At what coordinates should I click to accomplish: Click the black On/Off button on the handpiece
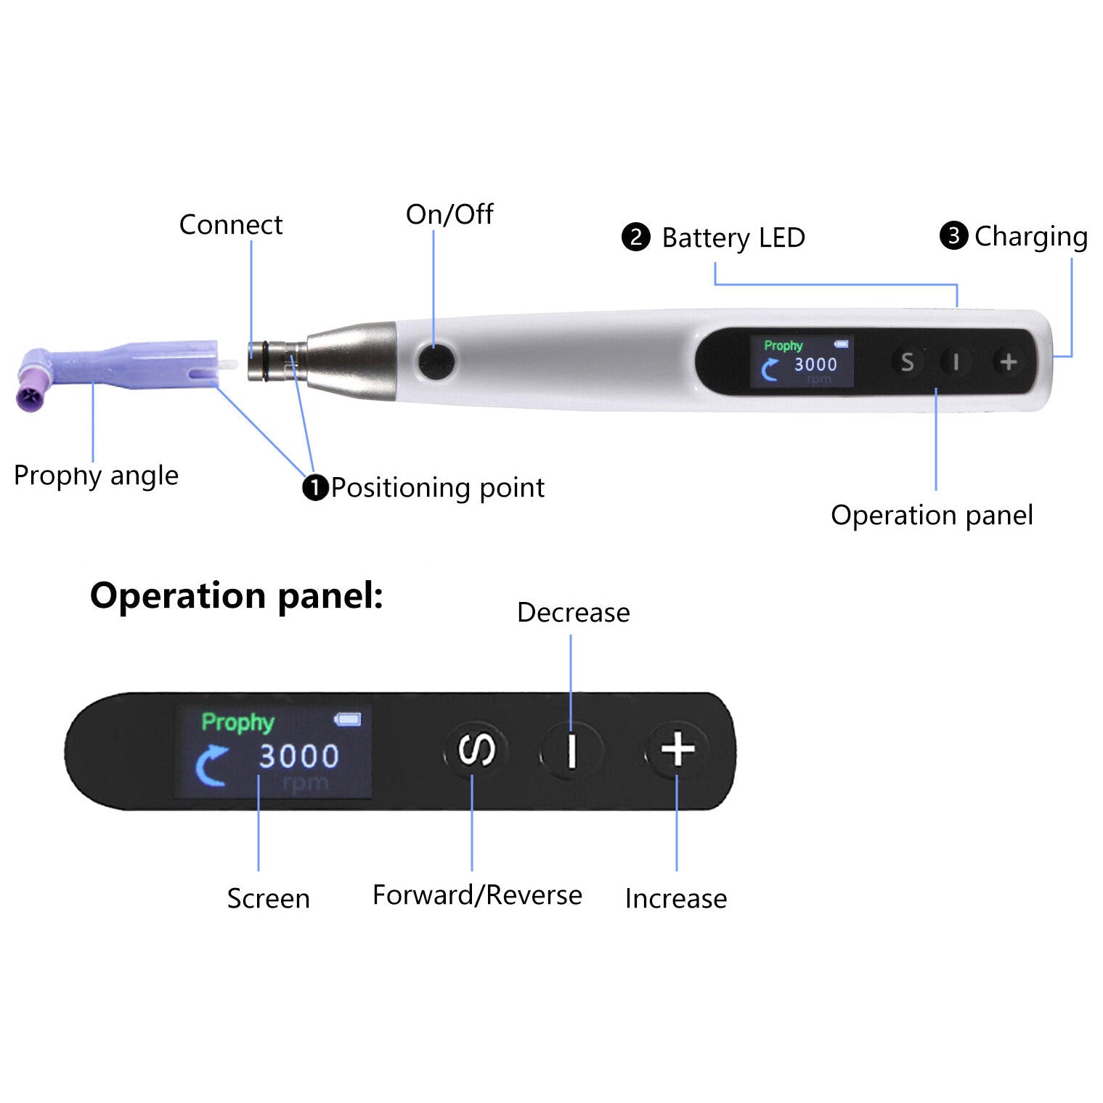[436, 361]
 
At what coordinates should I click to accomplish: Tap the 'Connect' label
[230, 225]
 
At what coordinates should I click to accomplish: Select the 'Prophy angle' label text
[96, 476]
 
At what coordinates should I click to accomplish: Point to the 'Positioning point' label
[437, 487]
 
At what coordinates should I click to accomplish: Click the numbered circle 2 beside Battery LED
[635, 237]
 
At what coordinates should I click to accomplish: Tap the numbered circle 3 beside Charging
[953, 235]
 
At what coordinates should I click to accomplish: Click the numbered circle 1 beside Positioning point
[314, 487]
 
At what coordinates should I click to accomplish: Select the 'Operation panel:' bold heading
[236, 595]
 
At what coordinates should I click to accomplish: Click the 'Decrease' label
[573, 613]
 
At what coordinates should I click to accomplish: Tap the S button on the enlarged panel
[476, 750]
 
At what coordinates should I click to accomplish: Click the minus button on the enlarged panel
[571, 751]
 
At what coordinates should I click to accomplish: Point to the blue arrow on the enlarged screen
[211, 765]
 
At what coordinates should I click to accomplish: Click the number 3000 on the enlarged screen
[299, 756]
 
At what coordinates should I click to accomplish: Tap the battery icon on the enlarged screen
[347, 720]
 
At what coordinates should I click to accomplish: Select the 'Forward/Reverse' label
[477, 895]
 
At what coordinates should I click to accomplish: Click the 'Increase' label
[675, 899]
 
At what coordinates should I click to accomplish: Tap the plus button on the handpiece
[1008, 362]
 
